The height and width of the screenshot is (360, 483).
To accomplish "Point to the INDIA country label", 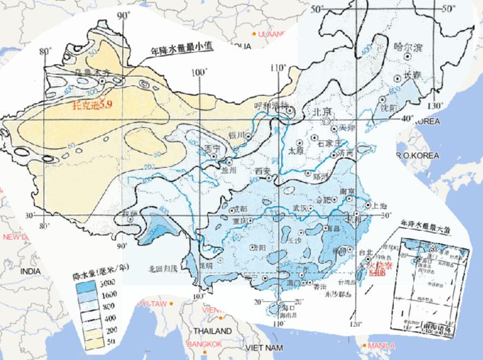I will pyautogui.click(x=30, y=270).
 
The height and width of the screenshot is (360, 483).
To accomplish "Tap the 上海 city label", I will pyautogui.click(x=379, y=204).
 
